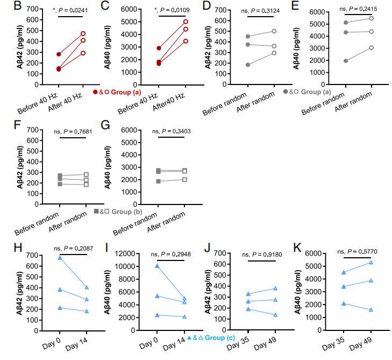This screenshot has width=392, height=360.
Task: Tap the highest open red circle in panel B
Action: pos(83,33)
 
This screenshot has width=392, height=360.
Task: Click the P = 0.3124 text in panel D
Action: pos(259,10)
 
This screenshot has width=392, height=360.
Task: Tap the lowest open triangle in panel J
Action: pos(275,315)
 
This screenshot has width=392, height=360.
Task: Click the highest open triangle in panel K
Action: pos(371,263)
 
